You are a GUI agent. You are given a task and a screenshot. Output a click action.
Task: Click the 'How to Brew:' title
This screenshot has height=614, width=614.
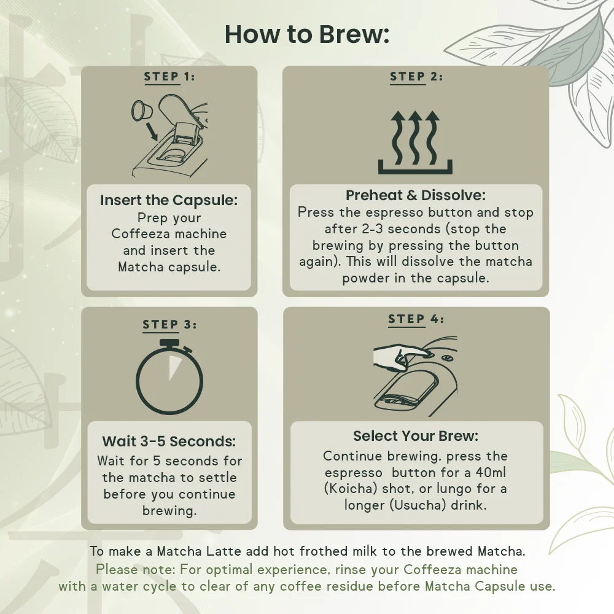click(307, 34)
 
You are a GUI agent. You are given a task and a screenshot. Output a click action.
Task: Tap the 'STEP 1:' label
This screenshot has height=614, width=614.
click(169, 76)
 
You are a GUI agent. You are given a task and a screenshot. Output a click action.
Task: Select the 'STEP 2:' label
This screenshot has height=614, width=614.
click(416, 76)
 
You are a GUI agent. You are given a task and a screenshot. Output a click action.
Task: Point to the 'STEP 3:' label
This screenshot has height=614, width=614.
click(169, 325)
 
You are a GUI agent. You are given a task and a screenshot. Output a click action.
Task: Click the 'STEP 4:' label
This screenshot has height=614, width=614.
click(416, 319)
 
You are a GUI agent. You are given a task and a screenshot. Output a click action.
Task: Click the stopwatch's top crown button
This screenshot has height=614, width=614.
click(169, 343)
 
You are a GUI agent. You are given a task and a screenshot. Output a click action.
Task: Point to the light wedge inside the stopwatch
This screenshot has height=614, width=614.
click(174, 367)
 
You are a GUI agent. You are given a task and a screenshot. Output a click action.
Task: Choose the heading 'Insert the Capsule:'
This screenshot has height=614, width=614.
click(169, 200)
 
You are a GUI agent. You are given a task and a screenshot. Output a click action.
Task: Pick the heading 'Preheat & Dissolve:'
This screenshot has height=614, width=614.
click(416, 195)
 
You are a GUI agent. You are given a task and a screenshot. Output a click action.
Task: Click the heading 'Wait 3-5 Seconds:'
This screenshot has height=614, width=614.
click(169, 441)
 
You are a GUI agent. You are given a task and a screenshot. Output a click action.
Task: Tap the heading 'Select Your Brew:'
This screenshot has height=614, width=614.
click(416, 436)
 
